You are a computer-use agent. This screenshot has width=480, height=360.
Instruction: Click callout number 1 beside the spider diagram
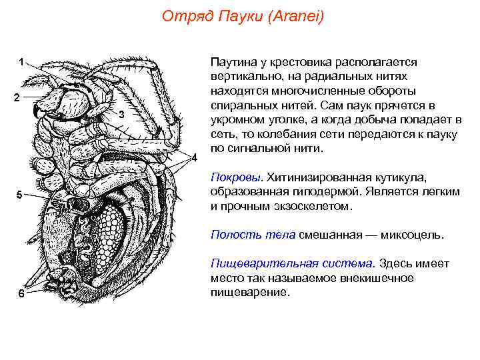point(21,62)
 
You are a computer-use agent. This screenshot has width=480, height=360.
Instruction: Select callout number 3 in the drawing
point(121,115)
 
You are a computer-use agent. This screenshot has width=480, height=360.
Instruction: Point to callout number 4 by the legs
point(195,158)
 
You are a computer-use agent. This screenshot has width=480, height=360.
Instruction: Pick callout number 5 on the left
point(19,195)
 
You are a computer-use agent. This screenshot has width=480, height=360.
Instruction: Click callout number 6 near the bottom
point(21,297)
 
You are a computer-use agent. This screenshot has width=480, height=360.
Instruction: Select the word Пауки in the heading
point(238,17)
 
